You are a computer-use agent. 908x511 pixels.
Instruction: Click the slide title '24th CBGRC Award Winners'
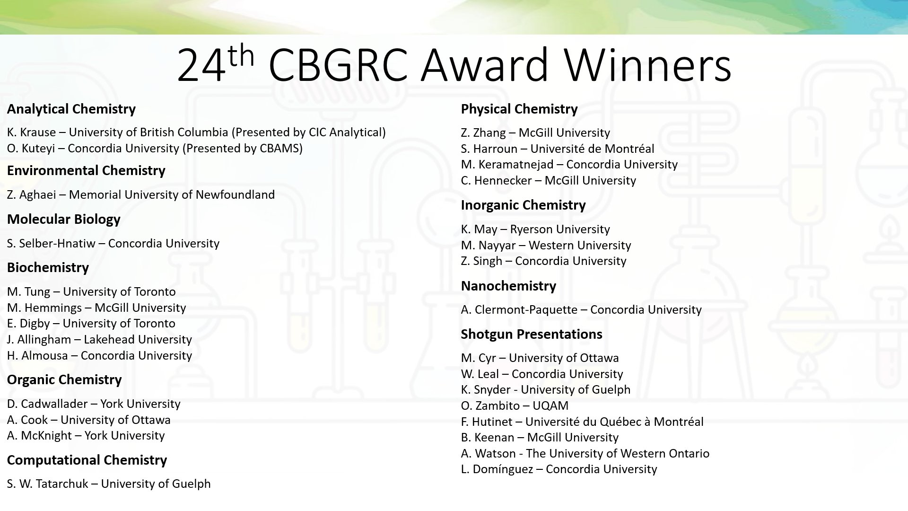454,64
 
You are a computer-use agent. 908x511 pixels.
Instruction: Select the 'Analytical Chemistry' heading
71,109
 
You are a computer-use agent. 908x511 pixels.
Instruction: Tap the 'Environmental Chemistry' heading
86,170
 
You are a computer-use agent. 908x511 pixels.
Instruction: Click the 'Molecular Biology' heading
64,220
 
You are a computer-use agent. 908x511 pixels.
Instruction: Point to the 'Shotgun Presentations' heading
532,334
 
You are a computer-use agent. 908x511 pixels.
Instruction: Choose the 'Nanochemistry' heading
508,286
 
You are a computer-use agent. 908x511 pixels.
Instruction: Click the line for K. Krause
196,132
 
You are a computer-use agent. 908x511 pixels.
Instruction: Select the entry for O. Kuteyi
155,149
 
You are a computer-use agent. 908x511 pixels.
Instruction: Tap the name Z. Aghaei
31,195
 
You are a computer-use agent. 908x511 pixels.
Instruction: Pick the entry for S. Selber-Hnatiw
113,244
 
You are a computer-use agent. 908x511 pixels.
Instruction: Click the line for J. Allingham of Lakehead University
99,340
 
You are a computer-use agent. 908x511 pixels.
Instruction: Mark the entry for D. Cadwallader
94,404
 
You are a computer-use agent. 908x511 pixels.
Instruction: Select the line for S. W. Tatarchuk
109,484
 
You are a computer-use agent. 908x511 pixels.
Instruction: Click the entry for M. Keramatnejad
569,165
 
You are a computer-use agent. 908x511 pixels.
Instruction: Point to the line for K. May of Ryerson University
535,229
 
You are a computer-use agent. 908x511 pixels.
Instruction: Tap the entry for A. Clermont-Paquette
581,310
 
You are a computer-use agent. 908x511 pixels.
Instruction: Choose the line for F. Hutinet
582,422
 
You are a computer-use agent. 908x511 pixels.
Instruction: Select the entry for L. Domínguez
559,469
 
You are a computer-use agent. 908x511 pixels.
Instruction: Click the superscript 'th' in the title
241,56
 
